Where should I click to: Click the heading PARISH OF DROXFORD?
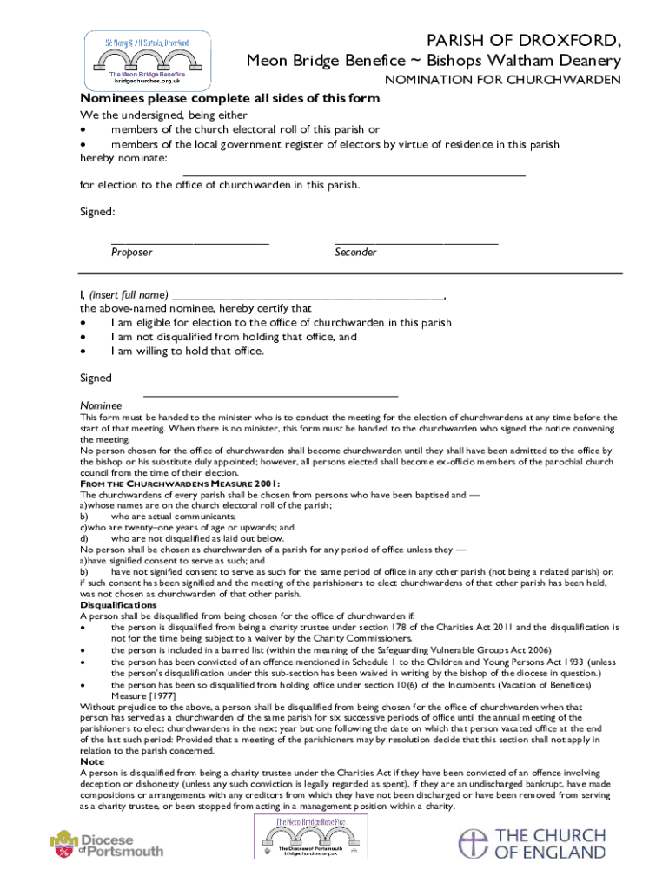click(521, 40)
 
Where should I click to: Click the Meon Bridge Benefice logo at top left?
click(147, 59)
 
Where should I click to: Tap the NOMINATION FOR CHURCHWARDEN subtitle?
click(503, 81)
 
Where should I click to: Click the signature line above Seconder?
click(416, 242)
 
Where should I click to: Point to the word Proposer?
click(131, 253)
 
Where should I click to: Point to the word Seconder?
click(355, 253)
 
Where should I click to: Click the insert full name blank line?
click(308, 297)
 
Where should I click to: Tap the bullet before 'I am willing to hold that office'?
click(83, 352)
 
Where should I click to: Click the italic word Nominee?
click(101, 405)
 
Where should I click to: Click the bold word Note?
click(92, 761)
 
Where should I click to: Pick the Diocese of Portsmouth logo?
click(107, 844)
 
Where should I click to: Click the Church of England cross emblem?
click(474, 844)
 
